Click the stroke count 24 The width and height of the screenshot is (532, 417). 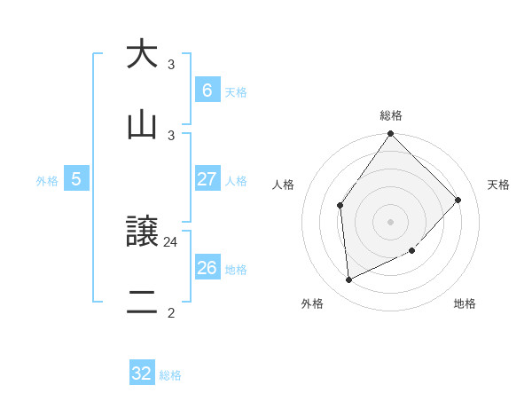pyautogui.click(x=171, y=240)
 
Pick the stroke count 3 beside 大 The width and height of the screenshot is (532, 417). pyautogui.click(x=171, y=65)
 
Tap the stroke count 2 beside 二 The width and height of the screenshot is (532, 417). pyautogui.click(x=171, y=311)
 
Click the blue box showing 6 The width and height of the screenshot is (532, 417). pyautogui.click(x=207, y=90)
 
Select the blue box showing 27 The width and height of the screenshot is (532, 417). pyautogui.click(x=207, y=179)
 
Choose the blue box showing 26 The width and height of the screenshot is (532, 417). pyautogui.click(x=207, y=268)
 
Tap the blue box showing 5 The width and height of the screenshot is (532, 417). pyautogui.click(x=76, y=179)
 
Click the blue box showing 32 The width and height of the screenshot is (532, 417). pyautogui.click(x=142, y=374)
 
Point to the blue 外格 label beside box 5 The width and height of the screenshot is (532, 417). pyautogui.click(x=47, y=181)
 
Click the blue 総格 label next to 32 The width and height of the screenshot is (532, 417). pyautogui.click(x=170, y=375)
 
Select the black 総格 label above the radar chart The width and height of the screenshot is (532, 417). pyautogui.click(x=391, y=115)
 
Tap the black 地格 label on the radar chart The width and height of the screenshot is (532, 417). pyautogui.click(x=465, y=304)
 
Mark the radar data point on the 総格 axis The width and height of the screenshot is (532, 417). pyautogui.click(x=391, y=134)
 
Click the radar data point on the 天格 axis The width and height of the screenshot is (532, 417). pyautogui.click(x=458, y=200)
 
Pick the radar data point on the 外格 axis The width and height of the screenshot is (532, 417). pyautogui.click(x=349, y=280)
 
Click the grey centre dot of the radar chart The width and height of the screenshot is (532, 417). pyautogui.click(x=391, y=222)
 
